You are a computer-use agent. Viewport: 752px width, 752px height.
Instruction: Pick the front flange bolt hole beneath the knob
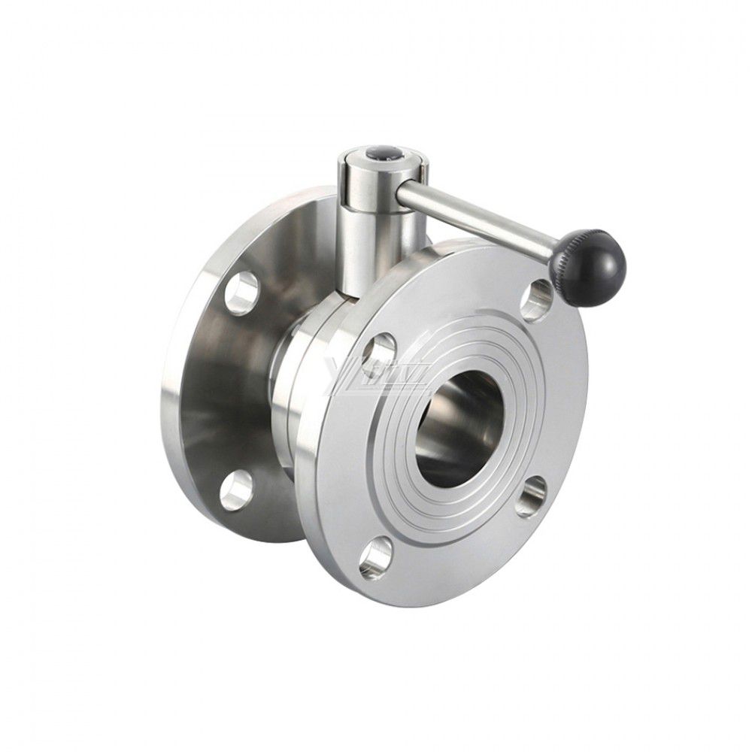[x=538, y=299]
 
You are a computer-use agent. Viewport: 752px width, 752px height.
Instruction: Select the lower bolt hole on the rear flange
[x=236, y=490]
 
